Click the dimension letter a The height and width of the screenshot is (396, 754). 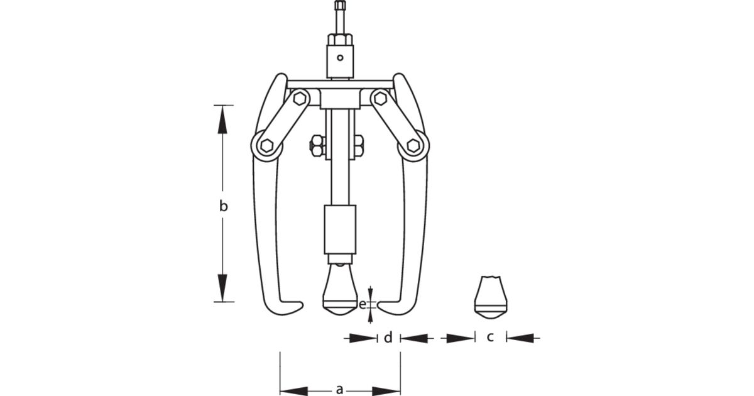coord(340,389)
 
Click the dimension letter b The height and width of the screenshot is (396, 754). coord(223,206)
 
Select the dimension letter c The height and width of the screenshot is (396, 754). coord(490,338)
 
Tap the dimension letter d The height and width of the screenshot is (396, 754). coord(388,338)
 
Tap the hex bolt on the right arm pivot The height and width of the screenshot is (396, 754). coord(413,145)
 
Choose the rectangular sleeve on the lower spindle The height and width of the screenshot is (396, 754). coord(340,229)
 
